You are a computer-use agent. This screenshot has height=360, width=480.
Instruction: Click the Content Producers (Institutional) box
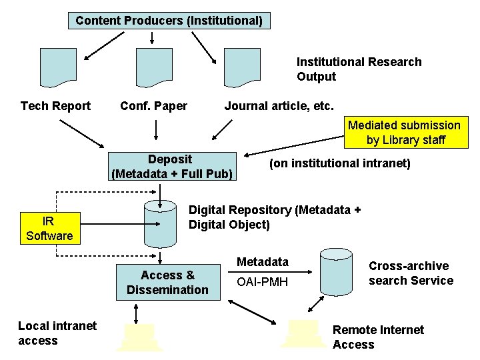pyautogui.click(x=169, y=21)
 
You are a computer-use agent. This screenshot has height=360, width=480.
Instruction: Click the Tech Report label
pyautogui.click(x=56, y=105)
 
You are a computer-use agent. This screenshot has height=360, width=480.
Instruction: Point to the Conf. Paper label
pyautogui.click(x=153, y=105)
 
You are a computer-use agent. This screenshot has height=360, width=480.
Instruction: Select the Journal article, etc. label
pyautogui.click(x=279, y=105)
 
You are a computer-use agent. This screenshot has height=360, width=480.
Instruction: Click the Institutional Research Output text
pyautogui.click(x=359, y=69)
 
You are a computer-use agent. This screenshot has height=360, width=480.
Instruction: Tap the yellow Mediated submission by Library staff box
pyautogui.click(x=404, y=133)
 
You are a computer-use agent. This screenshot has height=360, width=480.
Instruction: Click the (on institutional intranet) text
pyautogui.click(x=339, y=163)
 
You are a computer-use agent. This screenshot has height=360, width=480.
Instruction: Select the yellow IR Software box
pyautogui.click(x=49, y=228)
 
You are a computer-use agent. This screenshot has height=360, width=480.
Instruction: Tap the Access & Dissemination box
pyautogui.click(x=167, y=282)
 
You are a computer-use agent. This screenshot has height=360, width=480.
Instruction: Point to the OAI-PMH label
pyautogui.click(x=263, y=283)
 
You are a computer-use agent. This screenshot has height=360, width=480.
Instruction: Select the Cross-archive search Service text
pyautogui.click(x=411, y=273)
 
